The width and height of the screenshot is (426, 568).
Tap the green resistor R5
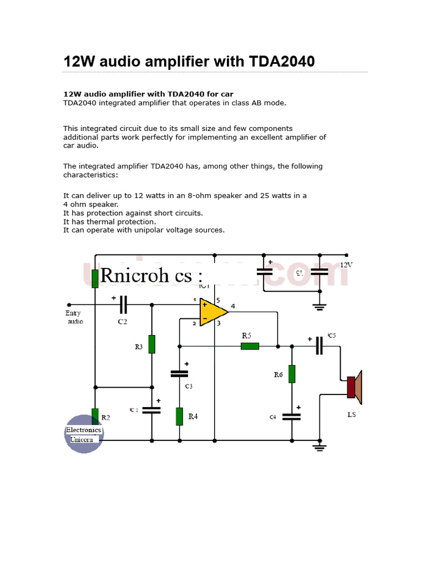click(250, 346)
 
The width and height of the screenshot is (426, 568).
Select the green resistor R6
click(292, 374)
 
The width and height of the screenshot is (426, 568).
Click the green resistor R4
click(179, 416)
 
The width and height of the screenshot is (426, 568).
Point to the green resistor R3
click(151, 344)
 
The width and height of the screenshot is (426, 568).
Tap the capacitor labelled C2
click(123, 304)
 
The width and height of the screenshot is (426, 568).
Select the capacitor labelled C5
click(319, 346)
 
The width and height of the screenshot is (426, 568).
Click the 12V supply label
click(346, 265)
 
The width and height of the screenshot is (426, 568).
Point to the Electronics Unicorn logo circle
click(83, 434)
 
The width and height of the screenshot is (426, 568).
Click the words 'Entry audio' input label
click(74, 317)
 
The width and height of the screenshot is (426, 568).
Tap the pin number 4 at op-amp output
click(233, 306)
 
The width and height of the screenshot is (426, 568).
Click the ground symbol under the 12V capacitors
click(319, 306)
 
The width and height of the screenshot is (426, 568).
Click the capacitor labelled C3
click(179, 374)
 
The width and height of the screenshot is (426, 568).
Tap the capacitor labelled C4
click(291, 416)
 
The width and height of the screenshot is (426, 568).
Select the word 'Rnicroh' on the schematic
click(129, 275)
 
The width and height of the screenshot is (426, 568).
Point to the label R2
click(105, 417)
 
